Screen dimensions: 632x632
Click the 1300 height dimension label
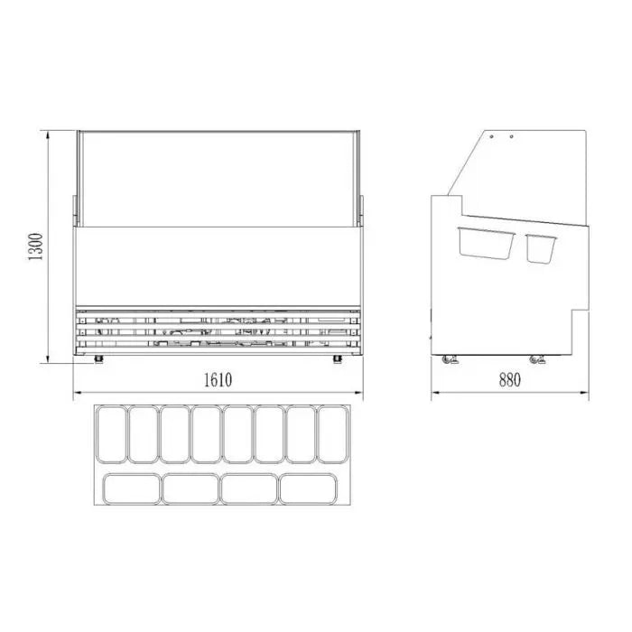pyautogui.click(x=35, y=246)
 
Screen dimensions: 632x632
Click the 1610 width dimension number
pyautogui.click(x=218, y=380)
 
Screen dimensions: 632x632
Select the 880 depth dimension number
pyautogui.click(x=509, y=380)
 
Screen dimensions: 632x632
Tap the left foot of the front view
pyautogui.click(x=98, y=358)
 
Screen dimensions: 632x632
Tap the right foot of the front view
pyautogui.click(x=338, y=358)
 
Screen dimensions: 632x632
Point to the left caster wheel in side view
pyautogui.click(x=449, y=359)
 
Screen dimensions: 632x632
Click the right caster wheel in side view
pyautogui.click(x=537, y=359)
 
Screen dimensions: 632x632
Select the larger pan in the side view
pyautogui.click(x=486, y=243)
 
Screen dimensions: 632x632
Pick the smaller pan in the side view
pyautogui.click(x=541, y=248)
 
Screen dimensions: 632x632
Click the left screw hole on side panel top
pyautogui.click(x=492, y=136)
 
